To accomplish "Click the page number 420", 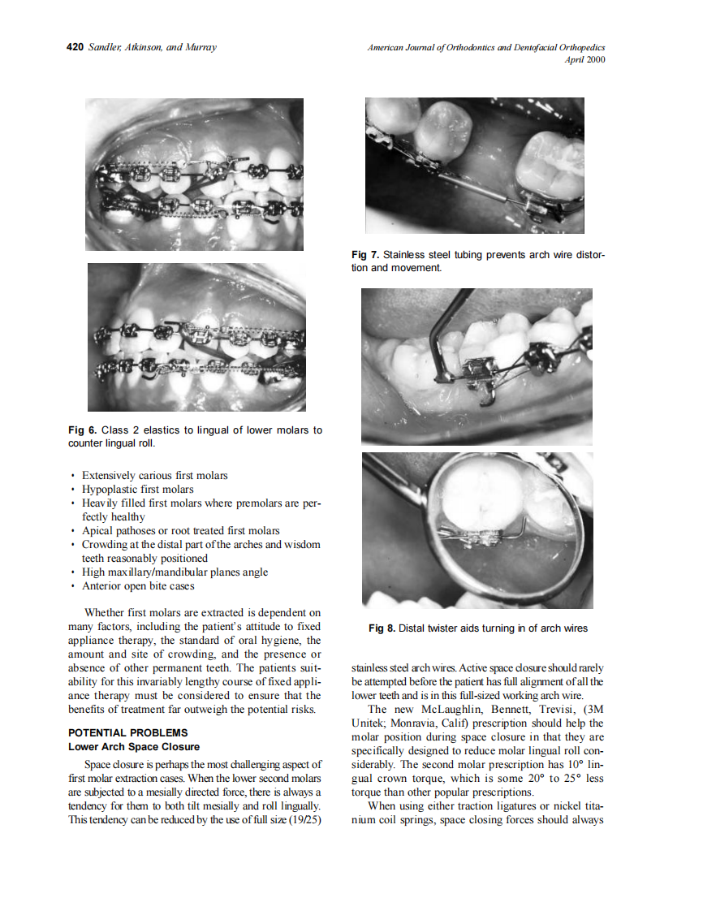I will [75, 48].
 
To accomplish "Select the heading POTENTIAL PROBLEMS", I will [127, 733].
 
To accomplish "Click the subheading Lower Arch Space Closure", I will [133, 747].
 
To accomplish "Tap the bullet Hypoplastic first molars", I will [137, 489].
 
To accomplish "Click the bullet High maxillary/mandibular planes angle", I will [175, 572].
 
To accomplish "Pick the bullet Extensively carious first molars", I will [154, 475].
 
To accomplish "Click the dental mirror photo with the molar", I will [477, 530].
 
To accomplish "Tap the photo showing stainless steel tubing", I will [474, 166].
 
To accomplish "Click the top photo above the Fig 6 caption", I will [195, 175].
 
